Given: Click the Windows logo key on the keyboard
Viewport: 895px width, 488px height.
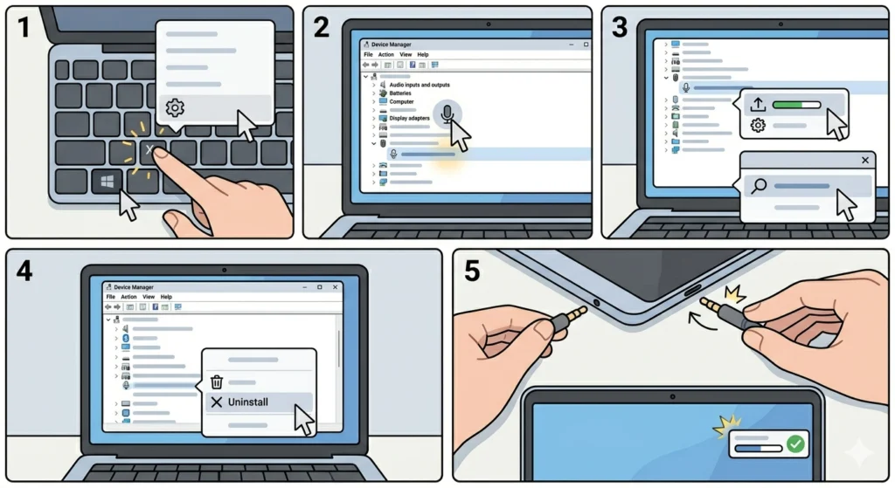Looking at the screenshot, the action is coord(107,182).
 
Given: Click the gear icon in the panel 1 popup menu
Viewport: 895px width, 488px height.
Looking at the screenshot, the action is coord(175,107).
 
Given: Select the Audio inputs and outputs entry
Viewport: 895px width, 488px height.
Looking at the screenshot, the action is coord(419,85).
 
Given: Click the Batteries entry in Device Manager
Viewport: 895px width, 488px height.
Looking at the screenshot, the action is coord(400,93).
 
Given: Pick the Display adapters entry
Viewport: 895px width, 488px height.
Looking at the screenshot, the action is coord(409,118).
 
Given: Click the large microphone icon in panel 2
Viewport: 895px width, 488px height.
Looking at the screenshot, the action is coord(447,114).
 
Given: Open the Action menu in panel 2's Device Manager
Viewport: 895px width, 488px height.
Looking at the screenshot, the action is coord(385,55).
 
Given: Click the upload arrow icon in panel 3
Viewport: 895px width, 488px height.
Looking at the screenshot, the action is coord(758,105).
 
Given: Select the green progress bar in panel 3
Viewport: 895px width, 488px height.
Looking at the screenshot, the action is coord(796,105).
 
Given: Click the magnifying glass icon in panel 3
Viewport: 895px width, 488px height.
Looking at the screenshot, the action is coord(759,186).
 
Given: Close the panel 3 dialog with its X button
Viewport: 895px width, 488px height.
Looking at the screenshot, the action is coord(865,161).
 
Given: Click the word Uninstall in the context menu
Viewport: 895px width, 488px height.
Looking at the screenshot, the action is coord(247,402).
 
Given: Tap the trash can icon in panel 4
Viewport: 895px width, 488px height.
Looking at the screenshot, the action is coord(217,381).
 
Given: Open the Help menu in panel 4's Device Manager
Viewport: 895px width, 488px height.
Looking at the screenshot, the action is coord(166,297).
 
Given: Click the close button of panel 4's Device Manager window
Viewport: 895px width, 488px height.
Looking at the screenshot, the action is coord(335,287).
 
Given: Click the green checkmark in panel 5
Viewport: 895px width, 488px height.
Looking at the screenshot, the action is coord(795,443).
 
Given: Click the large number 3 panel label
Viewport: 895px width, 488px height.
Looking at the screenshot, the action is coord(620,27).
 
